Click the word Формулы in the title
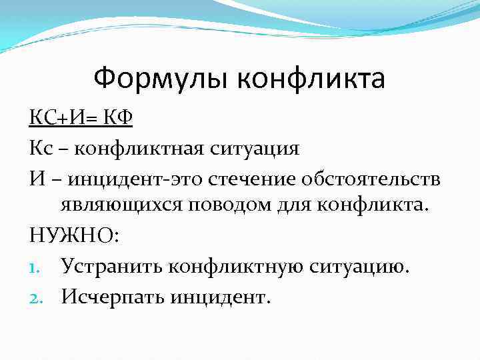click(x=161, y=79)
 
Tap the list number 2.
click(x=35, y=296)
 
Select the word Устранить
click(x=110, y=267)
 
